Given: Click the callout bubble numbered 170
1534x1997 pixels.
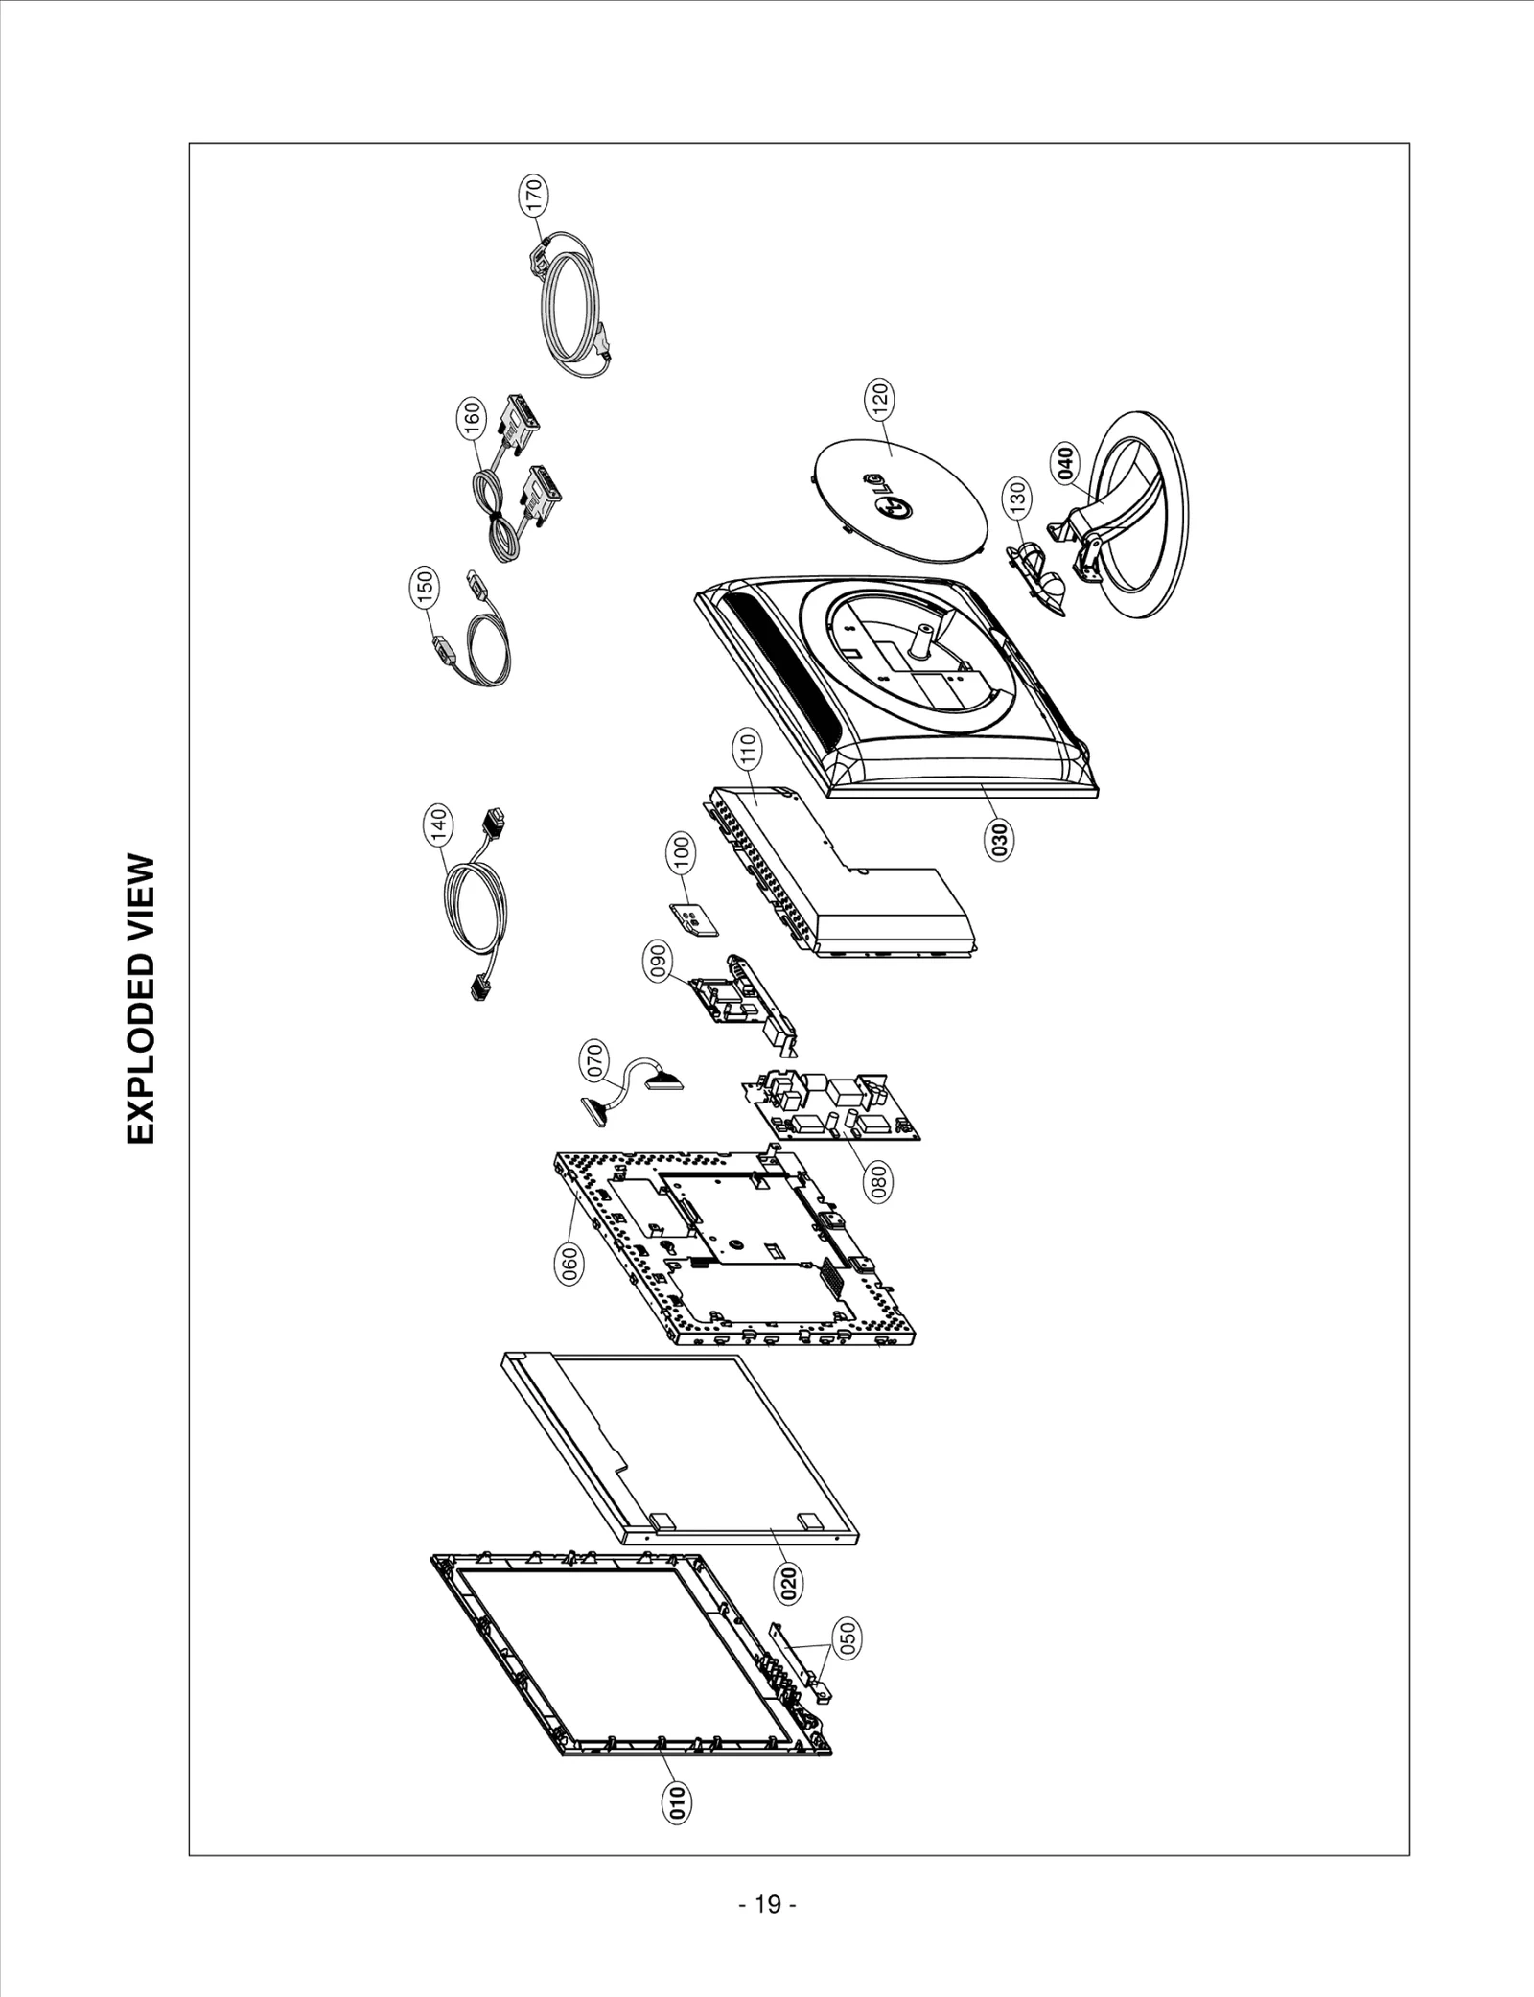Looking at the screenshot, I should coord(535,196).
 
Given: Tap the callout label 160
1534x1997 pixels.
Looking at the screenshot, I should coord(473,420).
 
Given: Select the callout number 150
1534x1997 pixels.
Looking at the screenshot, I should coord(427,588).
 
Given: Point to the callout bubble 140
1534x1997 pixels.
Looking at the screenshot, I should coord(438,825).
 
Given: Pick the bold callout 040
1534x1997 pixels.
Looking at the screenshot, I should coord(1066,462).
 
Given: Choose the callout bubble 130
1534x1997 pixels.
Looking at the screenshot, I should coord(1018,499).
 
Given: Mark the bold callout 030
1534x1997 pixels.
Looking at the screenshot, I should coord(1000,839).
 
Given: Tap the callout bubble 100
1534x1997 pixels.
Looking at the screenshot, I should coord(683,853).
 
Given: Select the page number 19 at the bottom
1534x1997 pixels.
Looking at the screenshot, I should coord(768,1904).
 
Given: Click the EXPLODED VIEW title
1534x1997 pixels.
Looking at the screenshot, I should coord(140,998).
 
